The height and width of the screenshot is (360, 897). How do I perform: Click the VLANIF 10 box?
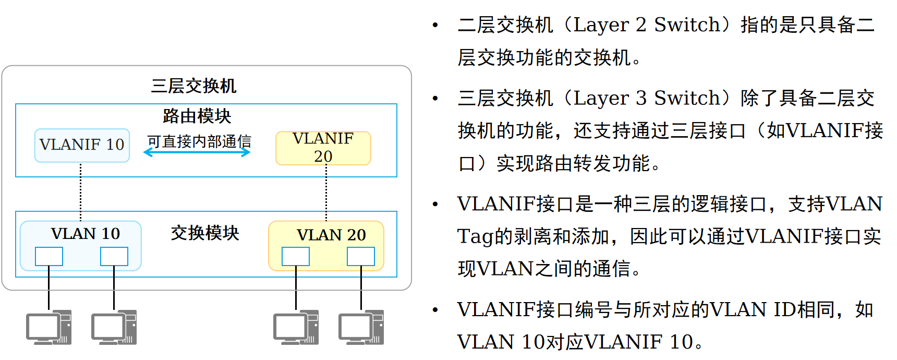[x=82, y=145]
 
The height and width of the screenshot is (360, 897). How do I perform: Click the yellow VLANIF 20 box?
[x=323, y=148]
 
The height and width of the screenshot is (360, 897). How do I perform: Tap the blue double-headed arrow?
[x=197, y=152]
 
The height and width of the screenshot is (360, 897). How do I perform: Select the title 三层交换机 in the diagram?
[x=193, y=86]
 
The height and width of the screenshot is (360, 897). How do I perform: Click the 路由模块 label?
[x=197, y=116]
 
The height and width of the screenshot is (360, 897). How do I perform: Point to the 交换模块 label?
[x=205, y=233]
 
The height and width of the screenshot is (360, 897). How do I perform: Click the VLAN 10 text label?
[x=85, y=233]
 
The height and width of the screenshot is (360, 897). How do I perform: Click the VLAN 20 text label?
[x=331, y=235]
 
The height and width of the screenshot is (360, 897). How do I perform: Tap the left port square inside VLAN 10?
[x=49, y=256]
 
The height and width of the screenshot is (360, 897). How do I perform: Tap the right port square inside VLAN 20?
[x=361, y=256]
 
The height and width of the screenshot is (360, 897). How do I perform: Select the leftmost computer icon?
[x=49, y=328]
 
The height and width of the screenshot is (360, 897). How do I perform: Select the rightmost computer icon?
[x=361, y=328]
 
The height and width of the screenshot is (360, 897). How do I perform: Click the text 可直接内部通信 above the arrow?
[x=199, y=141]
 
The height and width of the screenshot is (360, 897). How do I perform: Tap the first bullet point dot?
[x=435, y=25]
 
